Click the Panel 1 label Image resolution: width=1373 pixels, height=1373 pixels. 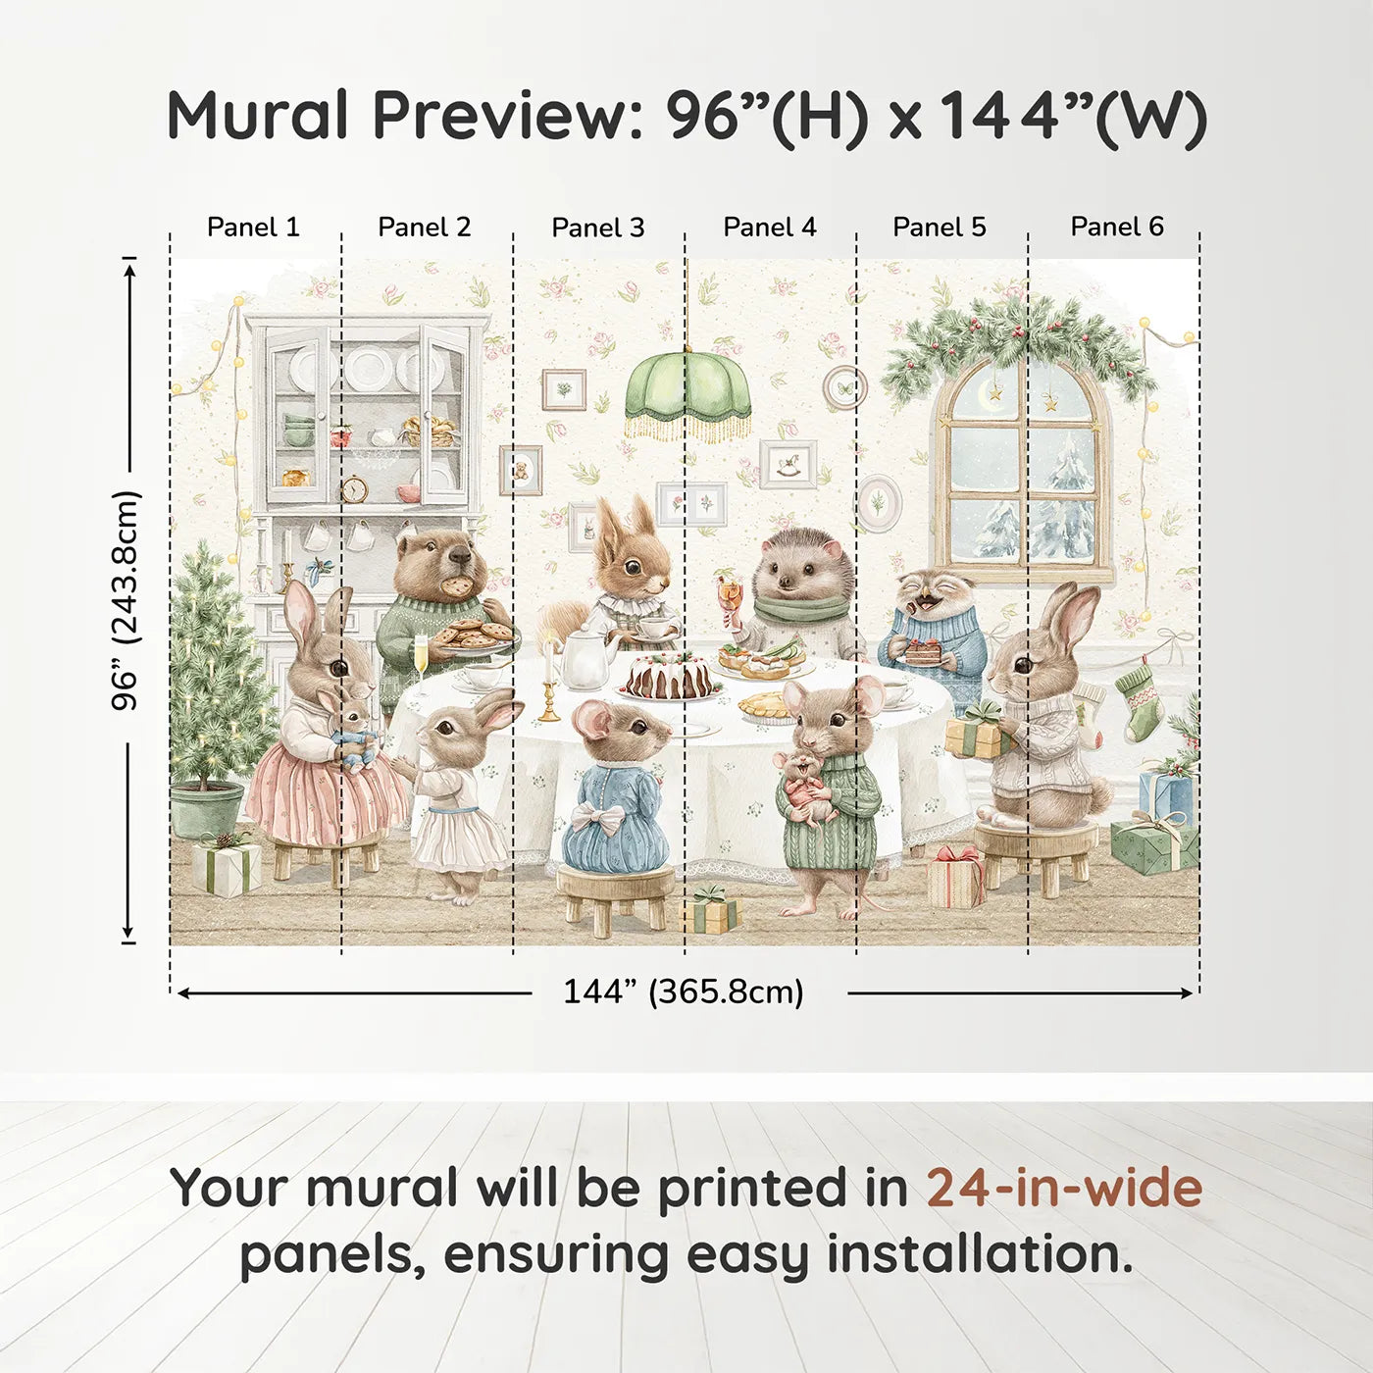253,227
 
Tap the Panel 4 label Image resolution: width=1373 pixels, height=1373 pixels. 770,227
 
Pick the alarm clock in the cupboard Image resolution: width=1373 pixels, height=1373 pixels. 353,488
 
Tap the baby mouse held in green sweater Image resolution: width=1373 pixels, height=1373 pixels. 807,785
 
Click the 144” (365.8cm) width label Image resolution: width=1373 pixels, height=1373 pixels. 684,992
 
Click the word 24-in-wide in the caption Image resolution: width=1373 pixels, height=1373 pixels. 1064,1189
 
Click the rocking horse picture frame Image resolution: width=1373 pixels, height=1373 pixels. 788,464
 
